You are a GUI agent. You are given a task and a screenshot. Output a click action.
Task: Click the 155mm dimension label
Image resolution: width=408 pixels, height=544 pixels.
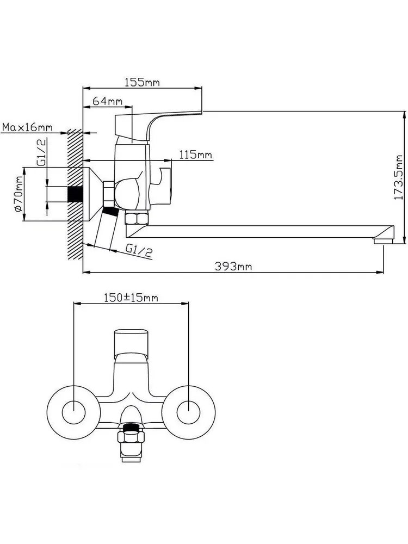(142, 83)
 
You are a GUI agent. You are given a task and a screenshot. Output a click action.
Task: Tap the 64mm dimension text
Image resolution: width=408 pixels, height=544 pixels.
(108, 101)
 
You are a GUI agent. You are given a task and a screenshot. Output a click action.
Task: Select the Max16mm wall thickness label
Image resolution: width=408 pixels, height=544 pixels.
(27, 127)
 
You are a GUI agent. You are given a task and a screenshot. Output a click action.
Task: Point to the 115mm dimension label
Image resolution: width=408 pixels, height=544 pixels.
(196, 154)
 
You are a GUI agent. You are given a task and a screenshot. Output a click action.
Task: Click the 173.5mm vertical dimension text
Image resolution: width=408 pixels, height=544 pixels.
(398, 177)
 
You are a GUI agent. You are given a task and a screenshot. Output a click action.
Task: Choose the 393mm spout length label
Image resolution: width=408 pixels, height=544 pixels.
(233, 267)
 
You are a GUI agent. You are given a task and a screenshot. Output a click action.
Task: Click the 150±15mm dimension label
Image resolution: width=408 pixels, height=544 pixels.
(131, 298)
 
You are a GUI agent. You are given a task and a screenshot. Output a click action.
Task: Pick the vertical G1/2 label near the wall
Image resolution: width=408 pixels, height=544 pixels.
(42, 152)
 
